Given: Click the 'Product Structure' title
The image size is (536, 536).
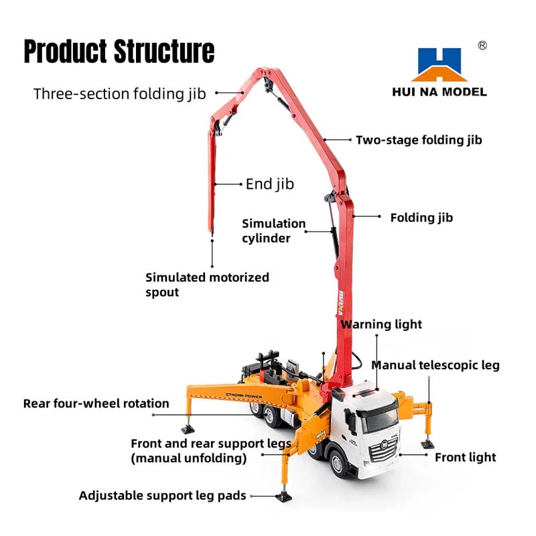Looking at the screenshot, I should point(119,52).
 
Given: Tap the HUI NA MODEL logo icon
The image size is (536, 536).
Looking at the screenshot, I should point(439,64).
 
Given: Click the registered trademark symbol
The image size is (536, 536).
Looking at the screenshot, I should point(482,45).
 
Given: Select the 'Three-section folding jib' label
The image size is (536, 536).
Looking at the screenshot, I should point(120,93).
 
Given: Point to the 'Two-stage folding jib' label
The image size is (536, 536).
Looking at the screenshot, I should point(419,140).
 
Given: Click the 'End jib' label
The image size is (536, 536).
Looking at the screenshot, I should point(270,184).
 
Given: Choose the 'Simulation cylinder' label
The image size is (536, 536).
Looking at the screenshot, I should point(274,230).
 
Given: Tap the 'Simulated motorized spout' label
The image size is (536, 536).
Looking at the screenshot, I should point(207,284).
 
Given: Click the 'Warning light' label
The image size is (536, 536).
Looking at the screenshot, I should point(381,324).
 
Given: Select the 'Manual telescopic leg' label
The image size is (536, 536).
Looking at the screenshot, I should point(435,365).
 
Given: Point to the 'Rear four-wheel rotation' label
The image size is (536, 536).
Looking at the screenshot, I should point(96,403).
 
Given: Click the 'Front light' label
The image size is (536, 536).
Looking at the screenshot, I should point(466,458).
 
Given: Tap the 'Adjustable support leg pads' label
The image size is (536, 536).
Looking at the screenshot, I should point(163,496).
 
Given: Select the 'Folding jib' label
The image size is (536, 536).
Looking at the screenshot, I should point(421,218).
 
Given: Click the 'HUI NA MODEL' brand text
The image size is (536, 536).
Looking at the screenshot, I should point(440,92).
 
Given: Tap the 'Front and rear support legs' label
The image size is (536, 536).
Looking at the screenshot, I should point(210,450).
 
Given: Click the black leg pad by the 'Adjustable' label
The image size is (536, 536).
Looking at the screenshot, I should point(284,498).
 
